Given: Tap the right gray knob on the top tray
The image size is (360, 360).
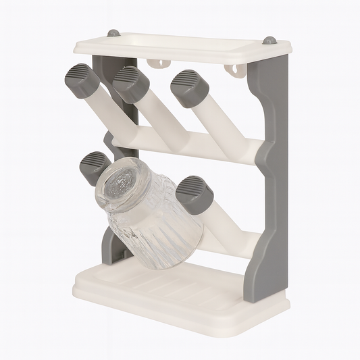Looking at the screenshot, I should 270,41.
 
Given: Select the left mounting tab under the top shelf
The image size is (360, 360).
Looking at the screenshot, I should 160,63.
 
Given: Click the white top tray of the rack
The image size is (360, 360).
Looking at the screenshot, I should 182,47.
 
